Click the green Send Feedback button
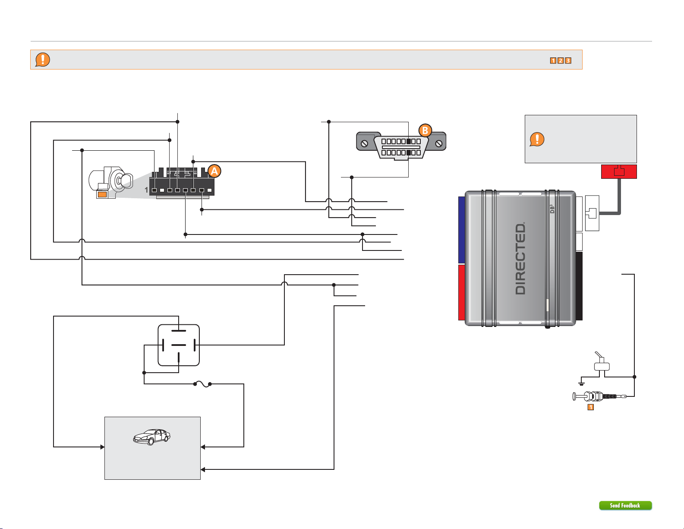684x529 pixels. pos(625,505)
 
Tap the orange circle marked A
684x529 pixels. pos(214,171)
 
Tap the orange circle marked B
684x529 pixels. pos(425,130)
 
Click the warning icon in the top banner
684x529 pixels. pos(42,60)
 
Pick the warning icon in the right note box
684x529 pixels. pos(537,139)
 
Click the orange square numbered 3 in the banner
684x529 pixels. pos(568,60)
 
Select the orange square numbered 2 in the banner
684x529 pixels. pos(561,60)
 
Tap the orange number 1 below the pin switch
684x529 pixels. pos(590,407)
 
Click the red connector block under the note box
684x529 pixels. pos(619,171)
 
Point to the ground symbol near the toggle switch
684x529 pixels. pos(581,383)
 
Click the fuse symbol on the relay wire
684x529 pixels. pos(203,383)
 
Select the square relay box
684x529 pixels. pos(179,345)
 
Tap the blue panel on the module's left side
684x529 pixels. pos(461,230)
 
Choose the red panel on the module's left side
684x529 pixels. pos(461,292)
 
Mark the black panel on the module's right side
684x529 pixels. pos(579,286)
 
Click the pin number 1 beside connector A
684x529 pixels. pos(147,190)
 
